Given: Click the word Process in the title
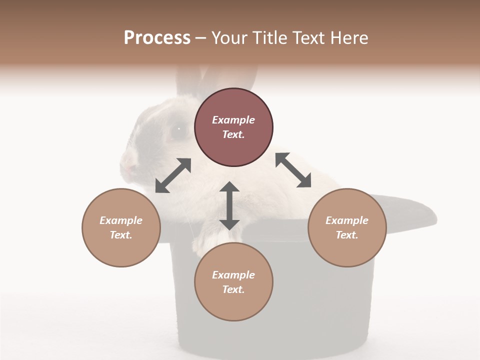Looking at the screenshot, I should [157, 38].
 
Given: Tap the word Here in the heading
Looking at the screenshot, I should [348, 38].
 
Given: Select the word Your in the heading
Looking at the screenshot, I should [230, 38].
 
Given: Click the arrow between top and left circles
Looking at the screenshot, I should [173, 175].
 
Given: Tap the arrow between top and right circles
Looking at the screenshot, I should [293, 170].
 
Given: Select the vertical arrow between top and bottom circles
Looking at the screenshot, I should [229, 205].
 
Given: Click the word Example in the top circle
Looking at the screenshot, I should [233, 120].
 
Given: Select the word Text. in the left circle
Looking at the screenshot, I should [121, 235].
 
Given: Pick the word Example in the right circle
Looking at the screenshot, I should [347, 220].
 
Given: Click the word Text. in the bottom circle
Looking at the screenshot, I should [233, 289].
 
